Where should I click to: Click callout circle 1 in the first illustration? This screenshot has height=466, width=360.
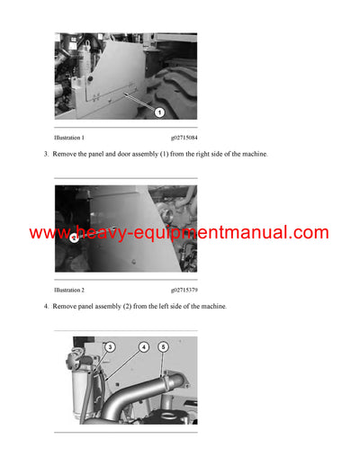(x=158, y=112)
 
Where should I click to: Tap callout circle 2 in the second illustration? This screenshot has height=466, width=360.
(x=74, y=238)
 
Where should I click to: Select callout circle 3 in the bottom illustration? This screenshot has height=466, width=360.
(x=110, y=346)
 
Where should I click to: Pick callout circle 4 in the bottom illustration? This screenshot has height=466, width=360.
(x=143, y=346)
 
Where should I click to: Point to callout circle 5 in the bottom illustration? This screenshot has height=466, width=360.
(x=163, y=346)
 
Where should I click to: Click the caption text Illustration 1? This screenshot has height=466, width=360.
(x=69, y=138)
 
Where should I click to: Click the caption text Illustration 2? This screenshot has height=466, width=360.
(x=69, y=291)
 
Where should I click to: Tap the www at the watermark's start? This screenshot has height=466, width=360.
(x=47, y=233)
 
